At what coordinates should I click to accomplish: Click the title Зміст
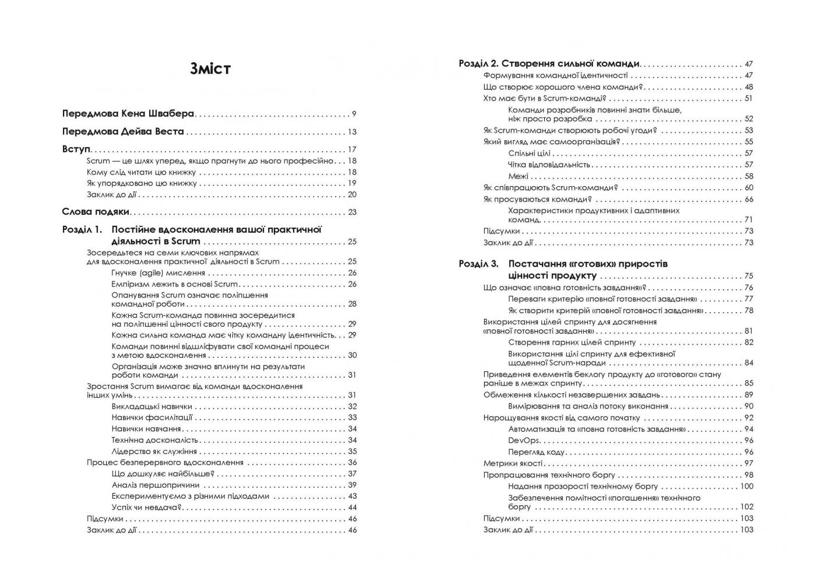[x=210, y=69]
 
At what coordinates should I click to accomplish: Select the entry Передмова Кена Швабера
[x=128, y=114]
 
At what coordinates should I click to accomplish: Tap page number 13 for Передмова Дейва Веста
[x=352, y=132]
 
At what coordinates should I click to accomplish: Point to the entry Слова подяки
[x=96, y=212]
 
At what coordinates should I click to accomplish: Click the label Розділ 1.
[x=82, y=230]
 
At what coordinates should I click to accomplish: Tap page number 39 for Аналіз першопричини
[x=352, y=485]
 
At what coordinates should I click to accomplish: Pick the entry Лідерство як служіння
[x=154, y=452]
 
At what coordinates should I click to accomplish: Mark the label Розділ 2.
[x=478, y=63]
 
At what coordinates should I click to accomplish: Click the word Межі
[x=518, y=176]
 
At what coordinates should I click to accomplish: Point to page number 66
[x=749, y=200]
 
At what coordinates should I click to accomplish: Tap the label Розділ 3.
[x=478, y=264]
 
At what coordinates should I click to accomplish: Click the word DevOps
[x=524, y=441]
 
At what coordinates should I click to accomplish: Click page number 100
[x=746, y=487]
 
